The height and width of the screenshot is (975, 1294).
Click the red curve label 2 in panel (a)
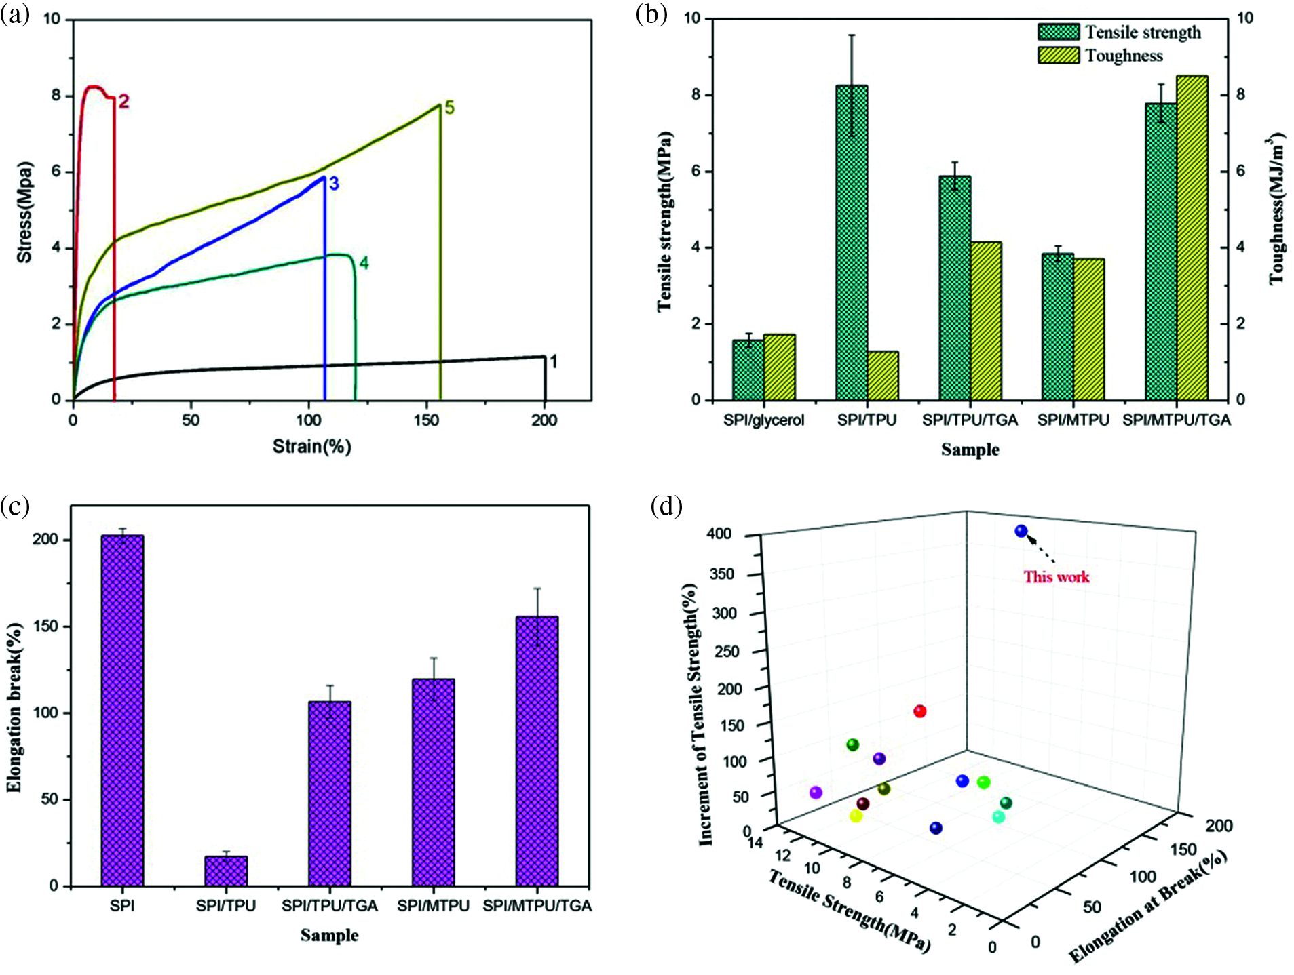[123, 102]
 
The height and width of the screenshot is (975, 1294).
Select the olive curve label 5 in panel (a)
[449, 108]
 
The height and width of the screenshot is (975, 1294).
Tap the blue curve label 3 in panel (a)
[334, 184]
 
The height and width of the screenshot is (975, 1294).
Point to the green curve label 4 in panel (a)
[364, 263]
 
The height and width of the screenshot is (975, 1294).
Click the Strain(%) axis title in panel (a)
[311, 446]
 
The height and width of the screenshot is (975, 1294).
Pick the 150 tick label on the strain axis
[426, 420]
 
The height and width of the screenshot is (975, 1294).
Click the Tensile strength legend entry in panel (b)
[1120, 33]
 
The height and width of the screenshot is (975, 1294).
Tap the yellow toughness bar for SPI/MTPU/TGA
[1192, 237]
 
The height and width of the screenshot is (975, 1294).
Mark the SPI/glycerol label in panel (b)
[763, 420]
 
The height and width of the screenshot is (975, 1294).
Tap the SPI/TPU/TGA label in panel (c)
[330, 906]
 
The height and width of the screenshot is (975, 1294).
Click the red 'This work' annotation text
[1056, 577]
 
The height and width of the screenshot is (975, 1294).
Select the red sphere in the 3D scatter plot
[920, 711]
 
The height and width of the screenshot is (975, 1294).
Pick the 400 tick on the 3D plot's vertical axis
[719, 534]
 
